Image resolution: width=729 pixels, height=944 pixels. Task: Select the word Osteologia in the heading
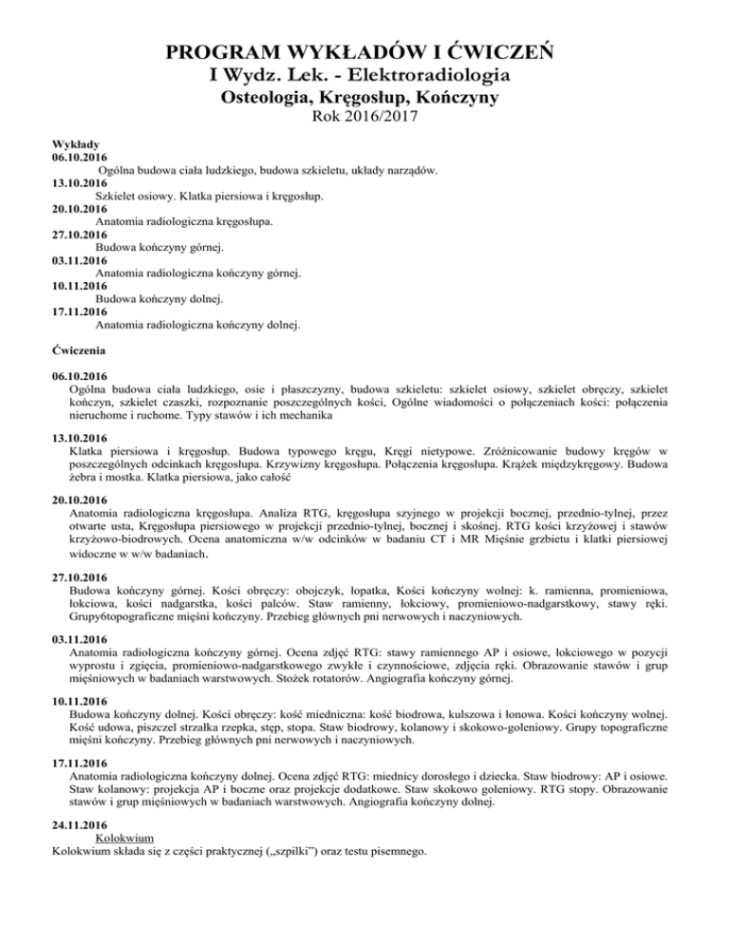point(273,97)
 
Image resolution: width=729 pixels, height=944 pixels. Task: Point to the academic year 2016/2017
point(387,119)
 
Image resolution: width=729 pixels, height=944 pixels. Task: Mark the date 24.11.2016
point(81,826)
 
